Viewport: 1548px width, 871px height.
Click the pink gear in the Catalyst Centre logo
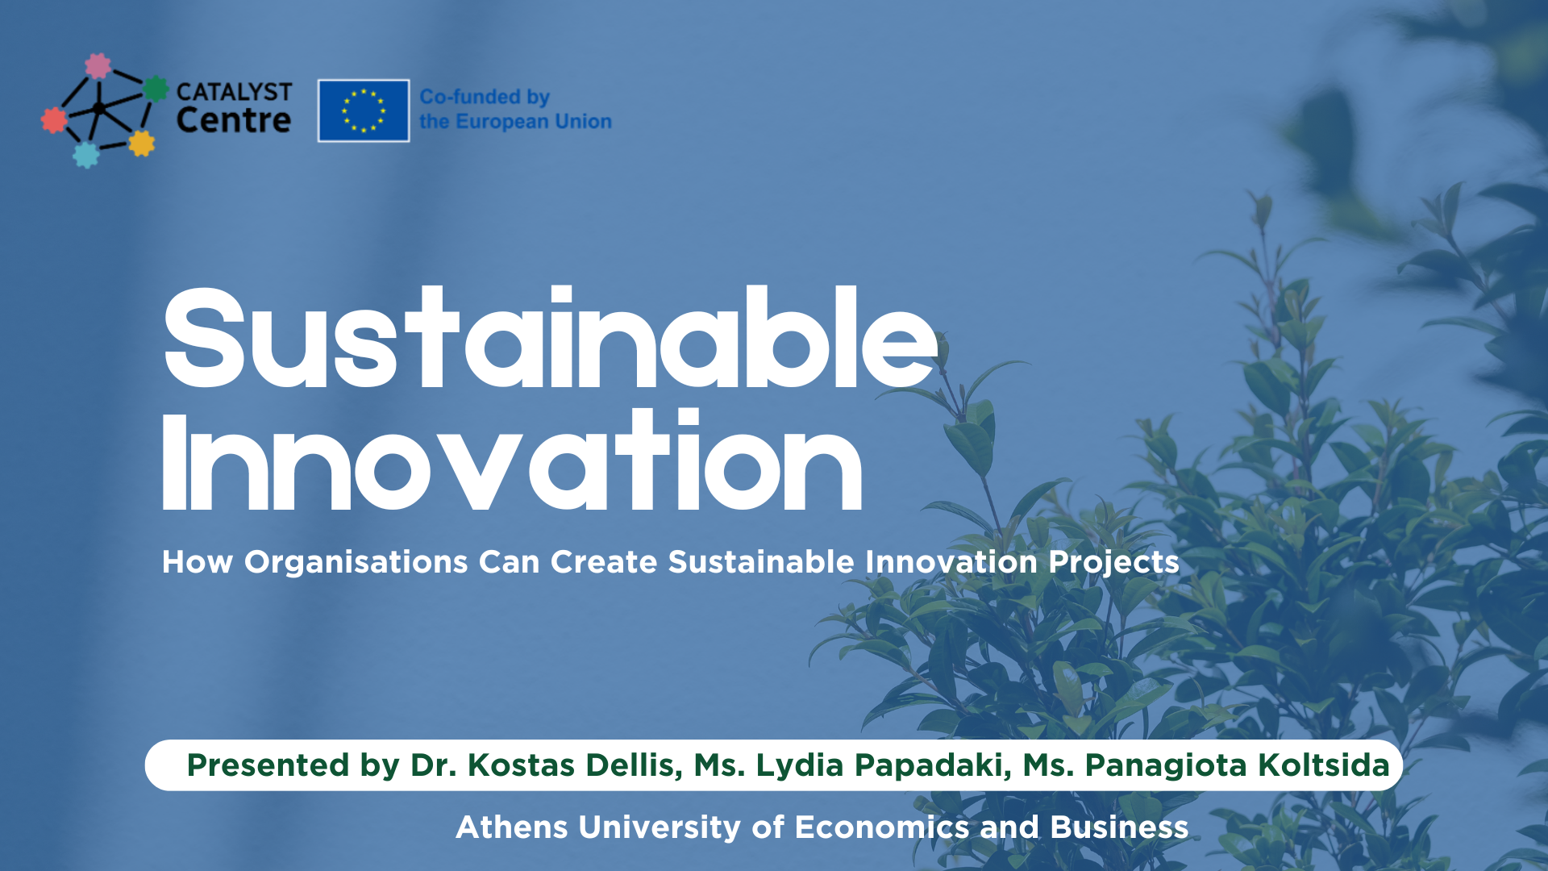click(98, 66)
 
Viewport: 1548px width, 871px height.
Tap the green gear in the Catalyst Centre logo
click(156, 89)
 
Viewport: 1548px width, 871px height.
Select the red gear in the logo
click(54, 120)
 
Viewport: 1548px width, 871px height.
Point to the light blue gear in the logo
click(85, 154)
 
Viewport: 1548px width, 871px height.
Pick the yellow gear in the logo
click(141, 144)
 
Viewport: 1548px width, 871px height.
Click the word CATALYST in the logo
click(234, 92)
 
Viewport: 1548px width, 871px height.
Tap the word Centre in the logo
click(233, 121)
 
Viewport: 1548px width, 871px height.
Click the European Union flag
click(364, 110)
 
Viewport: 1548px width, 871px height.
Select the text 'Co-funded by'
click(485, 97)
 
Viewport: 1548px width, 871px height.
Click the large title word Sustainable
click(551, 339)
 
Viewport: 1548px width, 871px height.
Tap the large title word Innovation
click(512, 462)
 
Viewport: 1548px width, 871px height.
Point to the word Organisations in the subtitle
click(356, 562)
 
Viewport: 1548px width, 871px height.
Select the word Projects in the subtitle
click(1113, 562)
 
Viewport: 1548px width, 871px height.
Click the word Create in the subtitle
click(603, 562)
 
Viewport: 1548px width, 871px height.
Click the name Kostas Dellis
click(574, 765)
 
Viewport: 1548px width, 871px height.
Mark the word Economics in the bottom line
click(881, 827)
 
